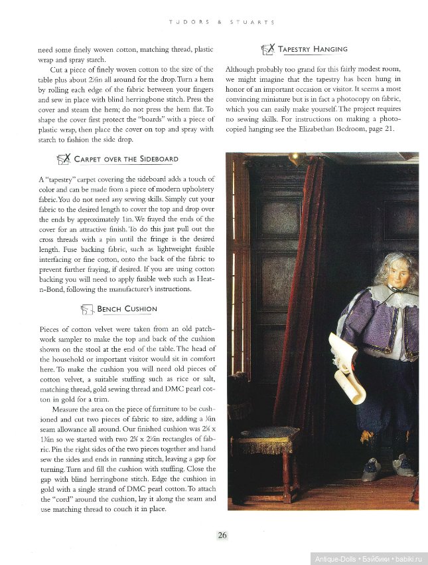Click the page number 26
(222, 534)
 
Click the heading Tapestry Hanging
(313, 49)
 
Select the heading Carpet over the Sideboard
(126, 160)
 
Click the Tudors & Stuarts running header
(222, 22)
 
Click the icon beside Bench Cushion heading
(86, 309)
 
